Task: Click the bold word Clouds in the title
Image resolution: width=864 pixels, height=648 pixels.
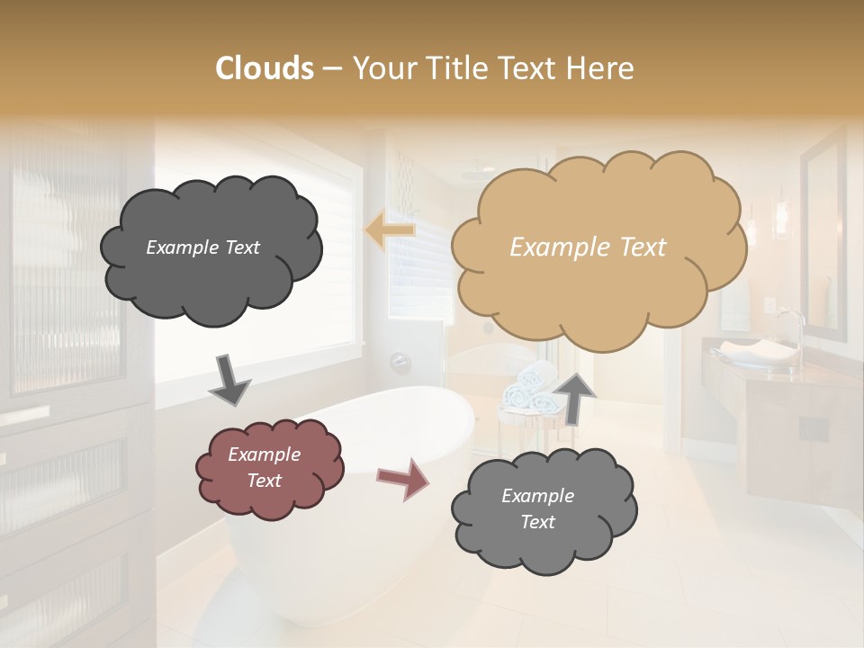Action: click(265, 68)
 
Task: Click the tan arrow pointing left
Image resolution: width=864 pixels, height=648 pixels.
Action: click(390, 230)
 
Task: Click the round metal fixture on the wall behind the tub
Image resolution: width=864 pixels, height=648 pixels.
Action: click(400, 362)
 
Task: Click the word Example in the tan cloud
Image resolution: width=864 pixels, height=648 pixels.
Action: click(551, 247)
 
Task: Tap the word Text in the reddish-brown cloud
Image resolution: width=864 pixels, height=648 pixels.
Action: click(265, 481)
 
